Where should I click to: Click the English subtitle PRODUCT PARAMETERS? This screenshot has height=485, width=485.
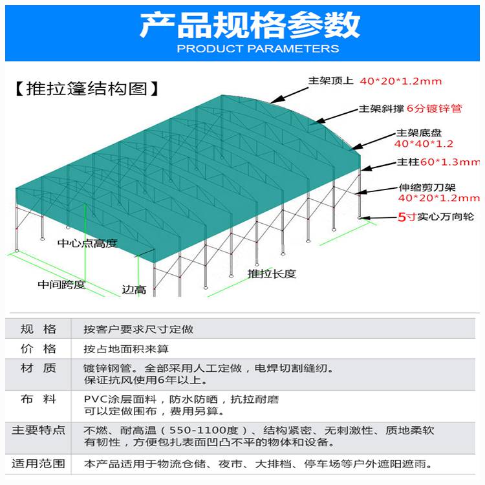pyautogui.click(x=258, y=48)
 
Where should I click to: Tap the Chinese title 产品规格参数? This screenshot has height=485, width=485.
pyautogui.click(x=250, y=25)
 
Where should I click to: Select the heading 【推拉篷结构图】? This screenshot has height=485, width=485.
pyautogui.click(x=87, y=89)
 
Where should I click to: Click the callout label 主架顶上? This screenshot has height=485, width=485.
pyautogui.click(x=330, y=81)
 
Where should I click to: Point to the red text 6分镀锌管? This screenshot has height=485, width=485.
pyautogui.click(x=435, y=109)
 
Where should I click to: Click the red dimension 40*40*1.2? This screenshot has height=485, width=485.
pyautogui.click(x=424, y=144)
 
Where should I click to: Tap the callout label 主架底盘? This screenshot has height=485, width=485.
pyautogui.click(x=419, y=133)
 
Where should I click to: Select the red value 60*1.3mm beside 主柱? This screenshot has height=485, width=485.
pyautogui.click(x=450, y=162)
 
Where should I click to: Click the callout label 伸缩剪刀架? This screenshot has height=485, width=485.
pyautogui.click(x=427, y=188)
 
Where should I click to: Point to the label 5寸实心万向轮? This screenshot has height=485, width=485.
pyautogui.click(x=435, y=217)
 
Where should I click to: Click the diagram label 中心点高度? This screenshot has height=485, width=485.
pyautogui.click(x=87, y=243)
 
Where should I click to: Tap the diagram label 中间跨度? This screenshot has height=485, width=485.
pyautogui.click(x=61, y=285)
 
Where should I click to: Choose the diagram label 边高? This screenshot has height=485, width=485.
pyautogui.click(x=134, y=290)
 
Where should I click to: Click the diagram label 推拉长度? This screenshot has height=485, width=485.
pyautogui.click(x=272, y=274)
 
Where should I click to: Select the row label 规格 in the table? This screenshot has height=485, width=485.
pyautogui.click(x=38, y=329)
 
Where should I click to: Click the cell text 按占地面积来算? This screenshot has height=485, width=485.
pyautogui.click(x=126, y=349)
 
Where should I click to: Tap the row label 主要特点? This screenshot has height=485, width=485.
pyautogui.click(x=38, y=430)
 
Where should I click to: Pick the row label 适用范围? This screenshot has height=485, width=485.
pyautogui.click(x=38, y=464)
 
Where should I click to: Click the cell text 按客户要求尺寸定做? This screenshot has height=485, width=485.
pyautogui.click(x=138, y=329)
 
